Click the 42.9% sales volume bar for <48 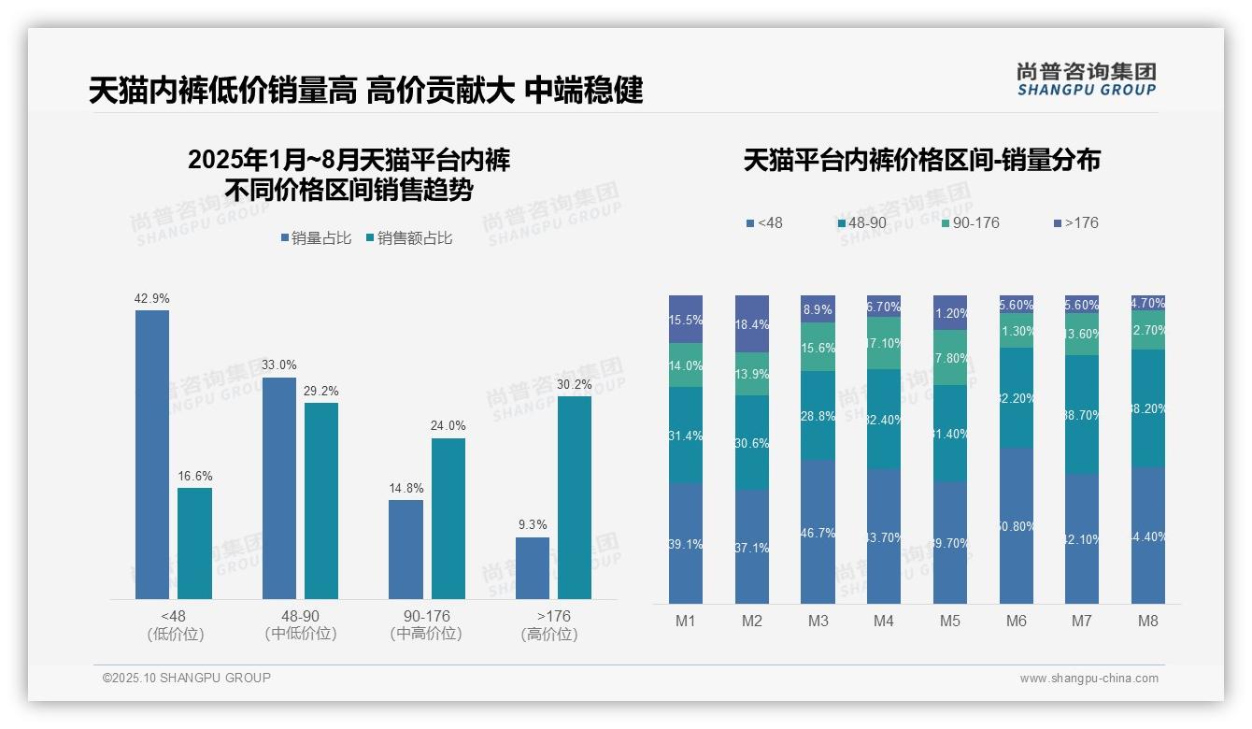point(152,454)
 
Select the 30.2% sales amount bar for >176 point(575,497)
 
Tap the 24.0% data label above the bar point(448,425)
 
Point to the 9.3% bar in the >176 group point(533,568)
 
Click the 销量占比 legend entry point(316,238)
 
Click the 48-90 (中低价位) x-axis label point(300,625)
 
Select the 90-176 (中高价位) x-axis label point(426,625)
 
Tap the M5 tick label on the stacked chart point(949,622)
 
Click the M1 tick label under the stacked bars point(685,622)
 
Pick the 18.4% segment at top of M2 point(751,323)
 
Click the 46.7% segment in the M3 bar point(818,531)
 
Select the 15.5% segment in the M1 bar point(685,319)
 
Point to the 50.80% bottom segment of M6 point(1017,525)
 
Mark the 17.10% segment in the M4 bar point(883,343)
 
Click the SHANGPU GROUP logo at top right point(1086,79)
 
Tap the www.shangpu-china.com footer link point(1088,679)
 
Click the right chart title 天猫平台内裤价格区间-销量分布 point(921,161)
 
